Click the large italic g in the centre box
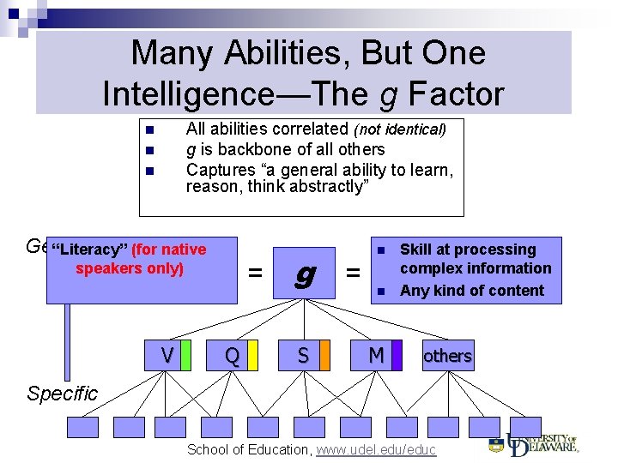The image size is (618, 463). pyautogui.click(x=302, y=274)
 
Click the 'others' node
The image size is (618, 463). pyautogui.click(x=446, y=355)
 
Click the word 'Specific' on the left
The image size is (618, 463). pyautogui.click(x=62, y=394)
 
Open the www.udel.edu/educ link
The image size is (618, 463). pyautogui.click(x=376, y=449)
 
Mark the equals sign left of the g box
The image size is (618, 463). pyautogui.click(x=255, y=274)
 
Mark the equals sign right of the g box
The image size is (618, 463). pyautogui.click(x=352, y=274)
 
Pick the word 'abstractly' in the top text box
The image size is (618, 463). pyautogui.click(x=327, y=186)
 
